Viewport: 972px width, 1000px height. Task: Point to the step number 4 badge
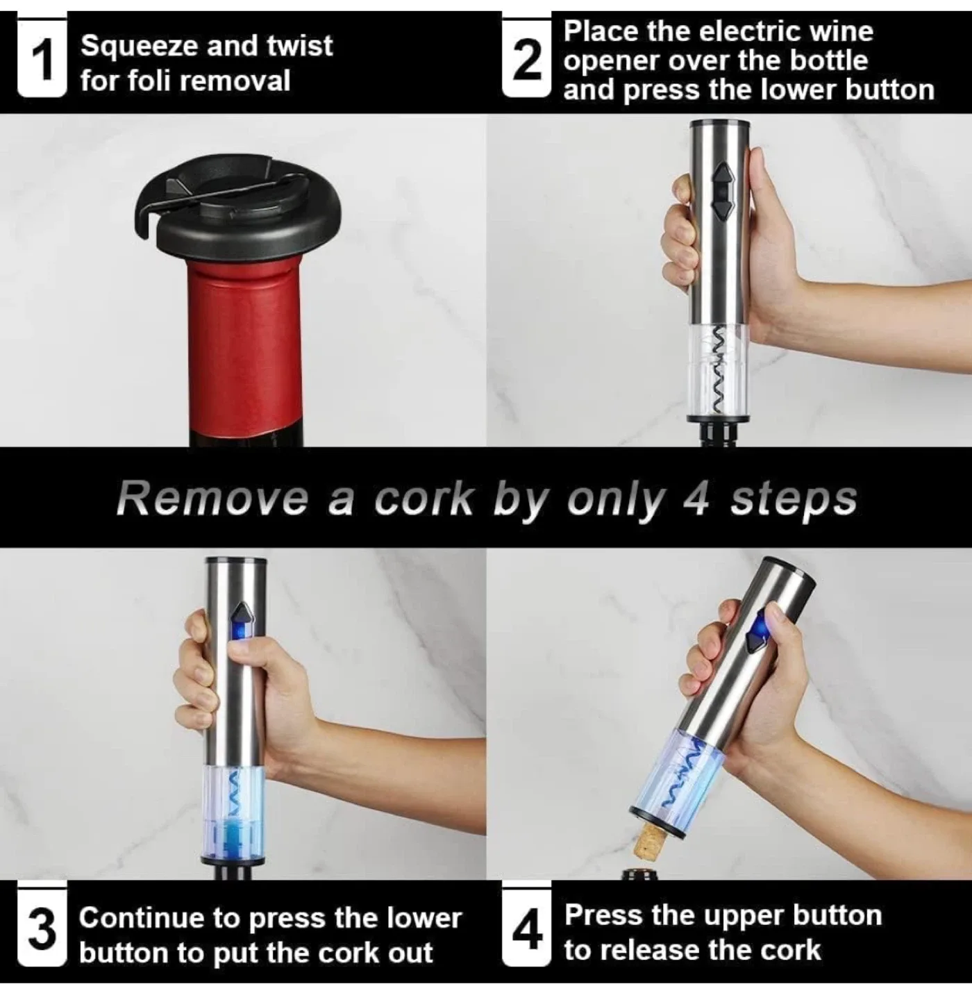pos(526,931)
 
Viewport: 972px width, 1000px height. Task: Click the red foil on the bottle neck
pos(249,347)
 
